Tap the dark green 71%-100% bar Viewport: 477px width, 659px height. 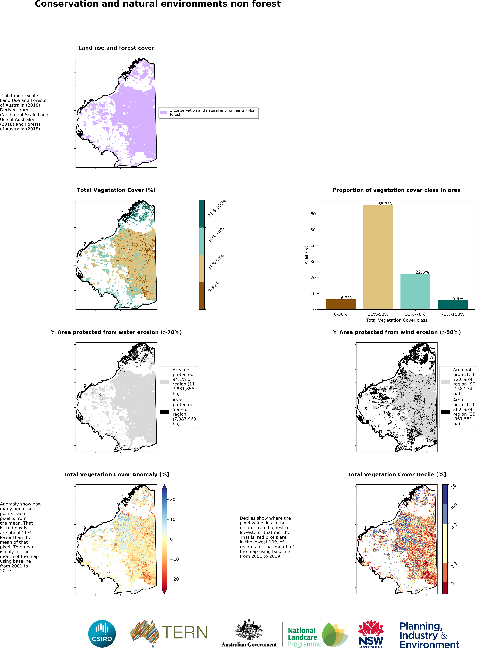(x=452, y=305)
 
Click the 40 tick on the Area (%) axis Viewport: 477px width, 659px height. (x=313, y=246)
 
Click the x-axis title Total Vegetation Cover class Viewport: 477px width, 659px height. (x=396, y=320)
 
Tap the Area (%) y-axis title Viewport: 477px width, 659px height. (x=306, y=255)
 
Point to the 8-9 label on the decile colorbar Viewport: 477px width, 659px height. (x=454, y=507)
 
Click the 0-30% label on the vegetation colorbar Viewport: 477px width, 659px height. (x=213, y=287)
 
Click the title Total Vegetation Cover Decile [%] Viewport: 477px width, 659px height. (x=396, y=475)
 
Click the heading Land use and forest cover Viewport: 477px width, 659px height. (x=116, y=48)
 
